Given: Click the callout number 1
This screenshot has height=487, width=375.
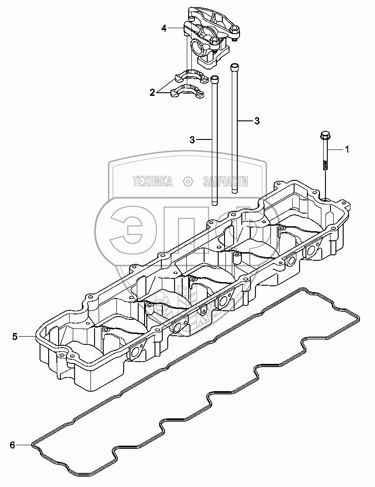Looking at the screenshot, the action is pos(347,149).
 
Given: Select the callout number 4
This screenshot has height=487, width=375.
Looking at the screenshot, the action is pos(164,28).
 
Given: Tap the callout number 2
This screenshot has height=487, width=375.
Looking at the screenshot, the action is pos(152,92).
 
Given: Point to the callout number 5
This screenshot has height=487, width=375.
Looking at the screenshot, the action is pos(15,336).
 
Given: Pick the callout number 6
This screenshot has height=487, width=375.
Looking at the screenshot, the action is pos(12,445).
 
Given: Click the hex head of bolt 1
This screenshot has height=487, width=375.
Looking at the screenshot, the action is pos(324,135).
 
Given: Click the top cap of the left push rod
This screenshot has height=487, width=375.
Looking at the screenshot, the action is pos(215,80).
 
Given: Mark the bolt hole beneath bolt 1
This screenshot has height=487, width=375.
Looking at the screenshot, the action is pos(327,199).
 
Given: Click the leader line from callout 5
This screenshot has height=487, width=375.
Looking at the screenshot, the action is pos(27,336).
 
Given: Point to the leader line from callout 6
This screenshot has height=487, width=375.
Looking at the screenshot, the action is pos(25,445).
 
